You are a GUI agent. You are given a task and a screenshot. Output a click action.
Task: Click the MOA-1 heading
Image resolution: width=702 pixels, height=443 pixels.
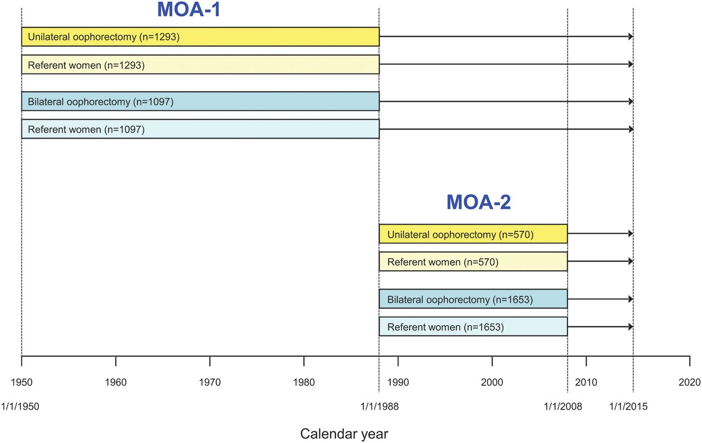click(189, 9)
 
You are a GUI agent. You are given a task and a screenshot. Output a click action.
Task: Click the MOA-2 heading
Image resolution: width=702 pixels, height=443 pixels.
click(479, 202)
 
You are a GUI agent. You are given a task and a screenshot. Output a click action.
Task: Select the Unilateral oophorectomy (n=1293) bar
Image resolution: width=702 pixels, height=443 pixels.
click(201, 37)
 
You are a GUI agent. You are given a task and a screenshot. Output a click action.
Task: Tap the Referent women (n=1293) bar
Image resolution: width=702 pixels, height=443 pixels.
click(201, 65)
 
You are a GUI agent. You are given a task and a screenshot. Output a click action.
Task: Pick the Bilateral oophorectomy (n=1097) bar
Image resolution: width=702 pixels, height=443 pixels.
click(201, 101)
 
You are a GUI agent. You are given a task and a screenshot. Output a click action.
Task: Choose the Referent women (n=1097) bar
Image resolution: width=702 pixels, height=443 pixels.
click(201, 129)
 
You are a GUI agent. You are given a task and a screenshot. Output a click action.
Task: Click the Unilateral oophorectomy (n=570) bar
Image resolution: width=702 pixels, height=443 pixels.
click(473, 234)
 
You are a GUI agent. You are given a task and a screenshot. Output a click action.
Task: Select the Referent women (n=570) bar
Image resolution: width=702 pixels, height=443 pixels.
click(473, 262)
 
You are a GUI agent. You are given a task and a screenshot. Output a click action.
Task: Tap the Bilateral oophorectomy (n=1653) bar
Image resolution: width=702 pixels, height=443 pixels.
click(473, 299)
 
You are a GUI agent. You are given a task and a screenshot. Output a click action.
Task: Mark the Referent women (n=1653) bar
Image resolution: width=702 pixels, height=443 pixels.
click(473, 326)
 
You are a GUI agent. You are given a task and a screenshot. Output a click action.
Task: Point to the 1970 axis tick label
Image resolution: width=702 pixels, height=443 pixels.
click(210, 382)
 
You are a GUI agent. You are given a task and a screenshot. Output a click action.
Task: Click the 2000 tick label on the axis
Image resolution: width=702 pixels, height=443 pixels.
click(492, 382)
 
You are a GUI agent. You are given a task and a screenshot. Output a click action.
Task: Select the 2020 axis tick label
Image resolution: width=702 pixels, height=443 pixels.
click(689, 382)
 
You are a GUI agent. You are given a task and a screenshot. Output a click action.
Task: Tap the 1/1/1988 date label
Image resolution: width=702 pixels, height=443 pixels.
click(380, 406)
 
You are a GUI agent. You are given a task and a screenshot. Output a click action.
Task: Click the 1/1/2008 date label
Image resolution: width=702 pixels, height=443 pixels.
click(563, 406)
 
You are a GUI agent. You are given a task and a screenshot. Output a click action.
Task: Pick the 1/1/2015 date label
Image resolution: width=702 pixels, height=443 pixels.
click(628, 406)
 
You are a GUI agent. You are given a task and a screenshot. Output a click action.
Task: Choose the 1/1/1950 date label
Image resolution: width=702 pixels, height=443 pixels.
click(20, 406)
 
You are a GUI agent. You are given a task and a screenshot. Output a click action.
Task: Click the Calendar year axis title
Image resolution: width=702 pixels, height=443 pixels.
click(344, 434)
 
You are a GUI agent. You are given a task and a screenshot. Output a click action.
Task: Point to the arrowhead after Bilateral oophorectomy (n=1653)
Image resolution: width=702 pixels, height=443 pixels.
click(631, 299)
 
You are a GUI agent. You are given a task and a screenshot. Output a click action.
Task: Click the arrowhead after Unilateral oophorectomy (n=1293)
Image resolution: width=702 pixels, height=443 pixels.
click(631, 37)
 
